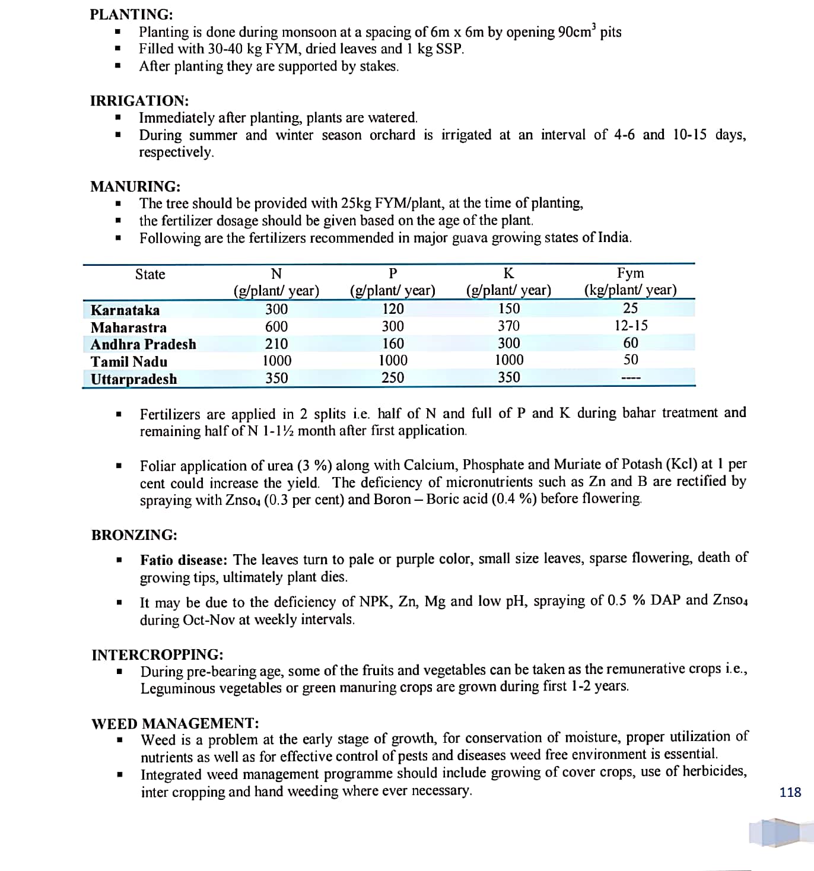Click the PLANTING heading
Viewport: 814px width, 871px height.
click(132, 14)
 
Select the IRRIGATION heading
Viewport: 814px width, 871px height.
click(139, 100)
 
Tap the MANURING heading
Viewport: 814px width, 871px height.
click(135, 186)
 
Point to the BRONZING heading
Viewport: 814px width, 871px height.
click(134, 535)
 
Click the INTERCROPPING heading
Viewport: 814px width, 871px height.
click(157, 654)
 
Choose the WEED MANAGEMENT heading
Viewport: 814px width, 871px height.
click(175, 723)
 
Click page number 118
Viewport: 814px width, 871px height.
click(790, 792)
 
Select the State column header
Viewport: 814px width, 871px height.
click(150, 274)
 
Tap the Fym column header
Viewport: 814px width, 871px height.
click(630, 273)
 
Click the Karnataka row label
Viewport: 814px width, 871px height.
click(125, 310)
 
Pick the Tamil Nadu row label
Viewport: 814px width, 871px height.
click(129, 361)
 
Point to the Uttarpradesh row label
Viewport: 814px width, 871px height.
click(133, 379)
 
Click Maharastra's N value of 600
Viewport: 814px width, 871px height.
click(276, 326)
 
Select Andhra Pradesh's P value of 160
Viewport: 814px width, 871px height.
click(393, 344)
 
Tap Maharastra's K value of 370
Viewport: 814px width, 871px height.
click(508, 326)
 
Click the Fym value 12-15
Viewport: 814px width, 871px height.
click(631, 326)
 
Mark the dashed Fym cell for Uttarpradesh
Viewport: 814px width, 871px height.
click(631, 378)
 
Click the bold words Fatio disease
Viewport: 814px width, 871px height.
click(183, 560)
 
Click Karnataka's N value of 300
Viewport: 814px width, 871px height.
click(276, 309)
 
